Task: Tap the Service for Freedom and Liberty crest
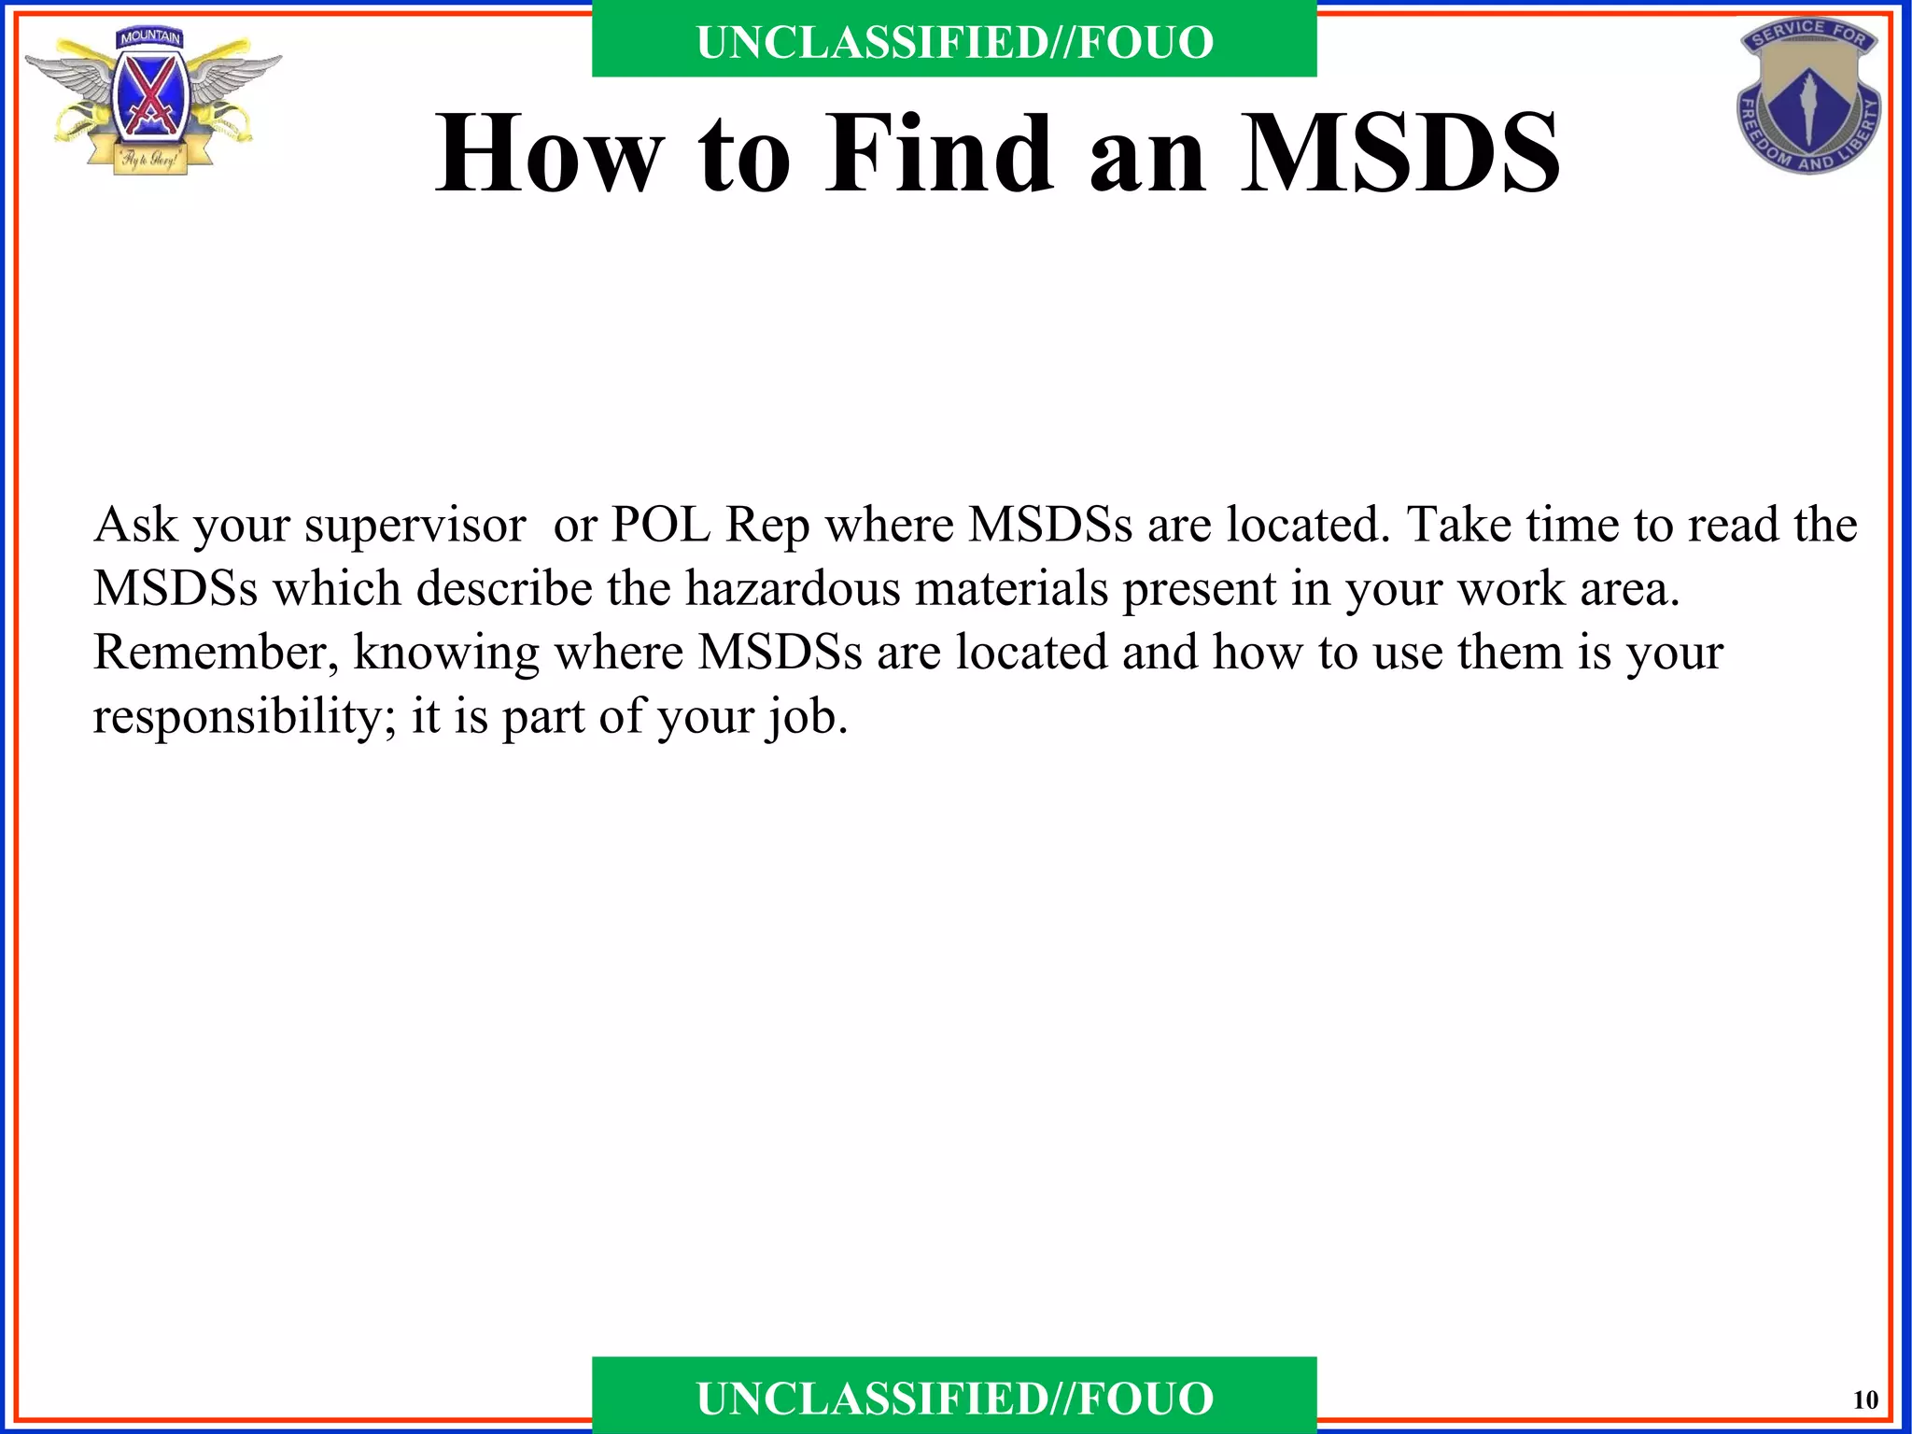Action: click(x=1808, y=96)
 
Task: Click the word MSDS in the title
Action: click(x=1399, y=154)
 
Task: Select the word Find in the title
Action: click(x=938, y=154)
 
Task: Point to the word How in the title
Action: click(x=550, y=154)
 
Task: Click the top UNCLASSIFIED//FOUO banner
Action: click(x=954, y=42)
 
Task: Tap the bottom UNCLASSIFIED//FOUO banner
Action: click(x=954, y=1399)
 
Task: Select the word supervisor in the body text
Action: click(x=415, y=526)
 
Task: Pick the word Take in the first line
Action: click(x=1459, y=526)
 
